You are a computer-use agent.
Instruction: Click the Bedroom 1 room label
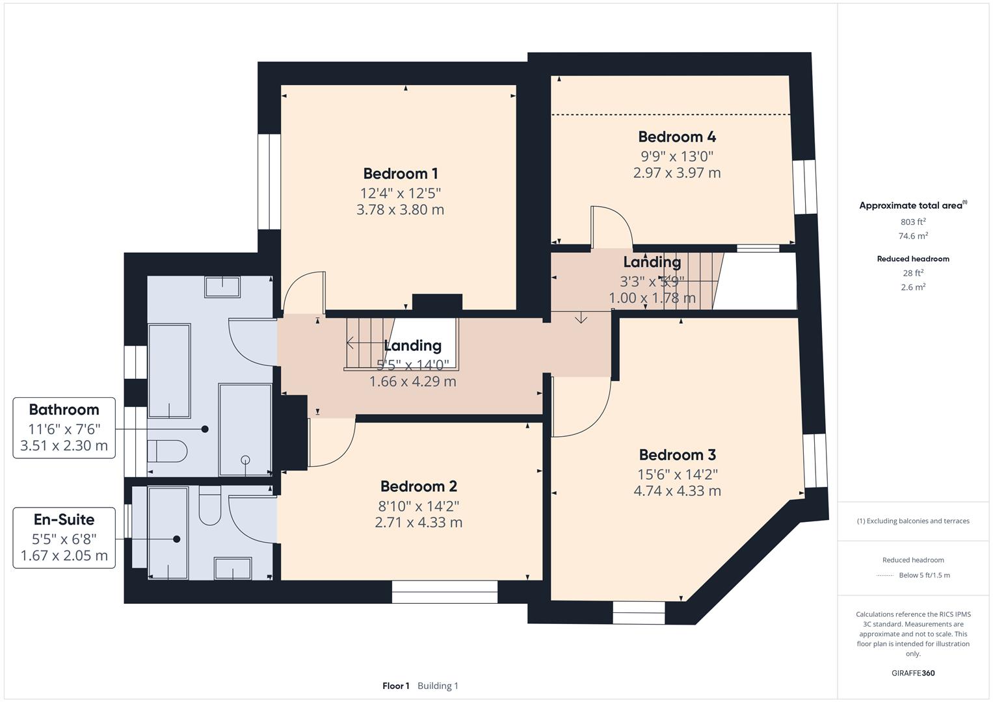point(400,174)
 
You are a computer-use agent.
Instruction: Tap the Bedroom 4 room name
point(676,136)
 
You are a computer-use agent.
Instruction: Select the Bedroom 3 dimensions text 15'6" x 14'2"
point(677,474)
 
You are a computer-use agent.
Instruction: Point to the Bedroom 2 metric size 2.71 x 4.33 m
point(418,522)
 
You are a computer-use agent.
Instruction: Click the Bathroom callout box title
point(64,409)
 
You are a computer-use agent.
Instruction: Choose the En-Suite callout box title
point(64,519)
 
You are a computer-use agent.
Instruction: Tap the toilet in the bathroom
point(167,450)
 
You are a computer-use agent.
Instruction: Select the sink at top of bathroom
point(222,287)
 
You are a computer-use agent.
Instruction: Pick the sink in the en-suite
point(233,567)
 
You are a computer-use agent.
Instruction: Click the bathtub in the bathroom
point(169,370)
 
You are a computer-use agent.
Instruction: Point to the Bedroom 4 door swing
point(611,227)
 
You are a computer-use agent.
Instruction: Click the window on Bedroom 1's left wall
point(269,181)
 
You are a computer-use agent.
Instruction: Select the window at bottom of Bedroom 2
point(444,587)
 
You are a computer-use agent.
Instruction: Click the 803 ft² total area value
point(913,222)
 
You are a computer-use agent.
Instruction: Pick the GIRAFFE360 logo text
point(913,673)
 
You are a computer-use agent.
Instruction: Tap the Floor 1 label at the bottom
point(395,686)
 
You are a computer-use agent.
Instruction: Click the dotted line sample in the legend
point(885,575)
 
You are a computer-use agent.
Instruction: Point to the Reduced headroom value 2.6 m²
point(913,287)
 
